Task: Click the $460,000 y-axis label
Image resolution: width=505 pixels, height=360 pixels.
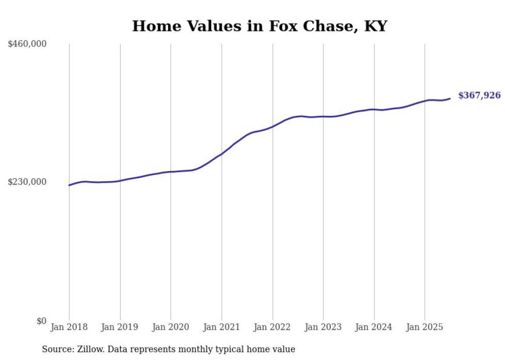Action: pyautogui.click(x=27, y=44)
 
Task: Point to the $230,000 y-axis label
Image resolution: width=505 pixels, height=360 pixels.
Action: pyautogui.click(x=27, y=182)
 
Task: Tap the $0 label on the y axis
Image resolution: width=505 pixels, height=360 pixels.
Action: pyautogui.click(x=41, y=321)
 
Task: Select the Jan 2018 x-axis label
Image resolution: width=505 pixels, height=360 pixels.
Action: pyautogui.click(x=69, y=327)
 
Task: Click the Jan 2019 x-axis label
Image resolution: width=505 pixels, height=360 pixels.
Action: pyautogui.click(x=120, y=327)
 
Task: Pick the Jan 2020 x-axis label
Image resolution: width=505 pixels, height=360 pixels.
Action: pyautogui.click(x=171, y=327)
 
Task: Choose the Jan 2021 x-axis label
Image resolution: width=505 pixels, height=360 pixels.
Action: pyautogui.click(x=222, y=327)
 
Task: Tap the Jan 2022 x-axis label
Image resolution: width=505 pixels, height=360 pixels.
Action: pyautogui.click(x=272, y=327)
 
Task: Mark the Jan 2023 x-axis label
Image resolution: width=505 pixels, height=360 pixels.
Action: pyautogui.click(x=323, y=327)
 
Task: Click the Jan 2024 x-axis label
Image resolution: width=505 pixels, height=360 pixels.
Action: pyautogui.click(x=374, y=327)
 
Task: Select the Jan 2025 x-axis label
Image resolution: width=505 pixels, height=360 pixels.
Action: pyautogui.click(x=425, y=327)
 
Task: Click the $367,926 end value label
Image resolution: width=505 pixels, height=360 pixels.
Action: pyautogui.click(x=479, y=95)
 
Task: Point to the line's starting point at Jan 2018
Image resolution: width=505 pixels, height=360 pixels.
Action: pyautogui.click(x=69, y=185)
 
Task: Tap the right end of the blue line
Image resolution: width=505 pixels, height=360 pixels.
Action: pyautogui.click(x=450, y=98)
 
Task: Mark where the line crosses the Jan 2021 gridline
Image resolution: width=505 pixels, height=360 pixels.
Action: pyautogui.click(x=222, y=153)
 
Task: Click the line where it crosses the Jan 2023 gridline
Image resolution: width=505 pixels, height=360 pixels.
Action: pyautogui.click(x=323, y=116)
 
